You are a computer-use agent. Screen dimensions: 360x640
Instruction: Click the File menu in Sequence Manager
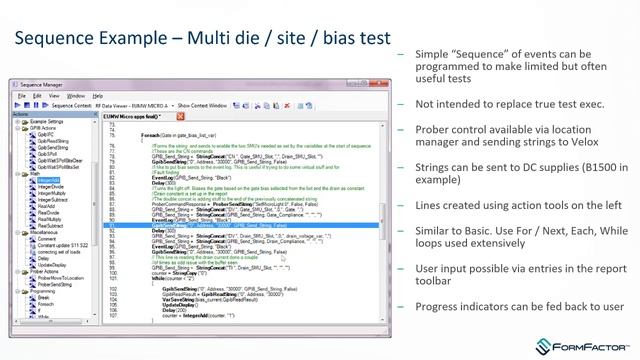point(22,96)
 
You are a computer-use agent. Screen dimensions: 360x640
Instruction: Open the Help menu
point(97,96)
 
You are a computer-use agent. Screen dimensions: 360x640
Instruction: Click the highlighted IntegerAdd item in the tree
point(48,180)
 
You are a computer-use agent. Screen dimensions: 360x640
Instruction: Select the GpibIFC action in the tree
point(46,134)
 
